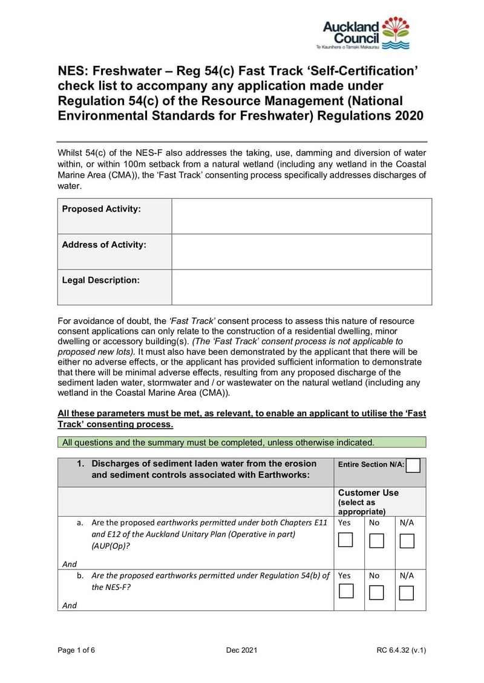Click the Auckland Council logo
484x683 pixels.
366,33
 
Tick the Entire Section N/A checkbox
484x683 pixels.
413,465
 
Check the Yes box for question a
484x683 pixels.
345,540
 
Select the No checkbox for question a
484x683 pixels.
376,540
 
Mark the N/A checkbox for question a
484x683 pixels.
407,540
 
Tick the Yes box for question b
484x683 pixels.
345,592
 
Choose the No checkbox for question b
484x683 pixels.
376,592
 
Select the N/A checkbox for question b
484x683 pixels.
407,592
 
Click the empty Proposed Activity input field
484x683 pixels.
301,216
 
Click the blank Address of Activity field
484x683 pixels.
301,251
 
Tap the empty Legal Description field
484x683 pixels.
301,287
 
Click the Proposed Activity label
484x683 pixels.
101,209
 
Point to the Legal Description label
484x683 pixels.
100,280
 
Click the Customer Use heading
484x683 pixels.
368,493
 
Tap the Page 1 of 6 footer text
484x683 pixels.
76,650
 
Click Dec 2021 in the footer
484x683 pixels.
242,650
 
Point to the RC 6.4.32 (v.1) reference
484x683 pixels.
401,650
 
